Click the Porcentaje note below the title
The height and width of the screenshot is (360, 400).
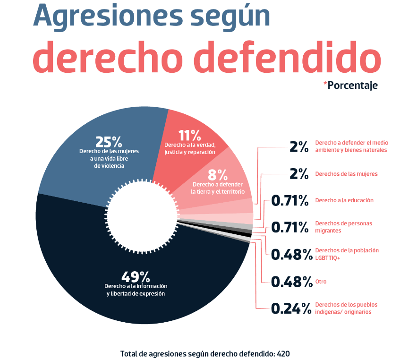point(352,86)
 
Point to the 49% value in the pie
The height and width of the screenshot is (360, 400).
point(136,276)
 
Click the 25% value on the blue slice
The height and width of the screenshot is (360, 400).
point(109,141)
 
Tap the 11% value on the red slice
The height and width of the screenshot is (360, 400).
point(189,136)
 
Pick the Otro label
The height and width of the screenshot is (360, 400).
point(321,282)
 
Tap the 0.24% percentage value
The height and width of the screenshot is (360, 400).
point(291,309)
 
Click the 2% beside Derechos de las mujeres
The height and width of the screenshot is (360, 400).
point(299,173)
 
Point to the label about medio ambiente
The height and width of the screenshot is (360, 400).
point(351,146)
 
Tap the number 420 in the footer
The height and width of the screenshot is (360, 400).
point(283,353)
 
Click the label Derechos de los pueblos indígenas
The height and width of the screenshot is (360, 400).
point(346,308)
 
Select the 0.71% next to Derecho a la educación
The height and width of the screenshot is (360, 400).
point(290,200)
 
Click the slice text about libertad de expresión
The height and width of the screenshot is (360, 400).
point(136,290)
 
